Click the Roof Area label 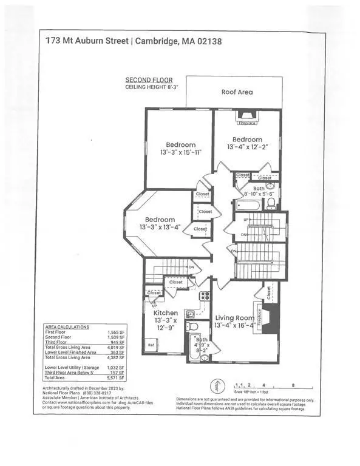click(236, 92)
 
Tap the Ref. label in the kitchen click(151, 345)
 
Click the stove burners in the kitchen click(205, 297)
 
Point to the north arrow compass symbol click(214, 385)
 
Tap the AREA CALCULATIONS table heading click(67, 326)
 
